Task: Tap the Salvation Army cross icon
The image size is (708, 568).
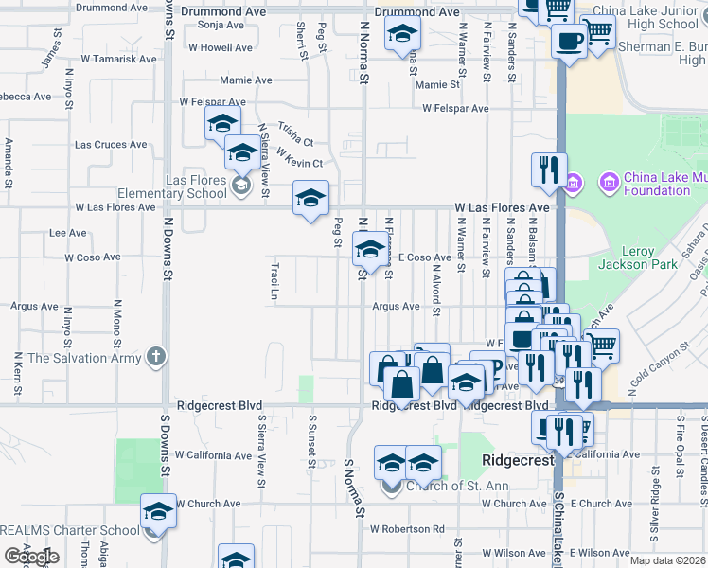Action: (157, 358)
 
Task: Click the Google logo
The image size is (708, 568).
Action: (31, 557)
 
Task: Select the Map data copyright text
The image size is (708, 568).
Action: (668, 560)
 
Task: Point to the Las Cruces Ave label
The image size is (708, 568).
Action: (111, 145)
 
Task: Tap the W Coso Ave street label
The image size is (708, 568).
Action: (93, 257)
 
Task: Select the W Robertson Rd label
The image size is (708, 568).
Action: (407, 528)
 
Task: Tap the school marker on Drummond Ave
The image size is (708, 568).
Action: (401, 35)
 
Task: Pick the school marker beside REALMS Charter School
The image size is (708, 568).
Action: (158, 512)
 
